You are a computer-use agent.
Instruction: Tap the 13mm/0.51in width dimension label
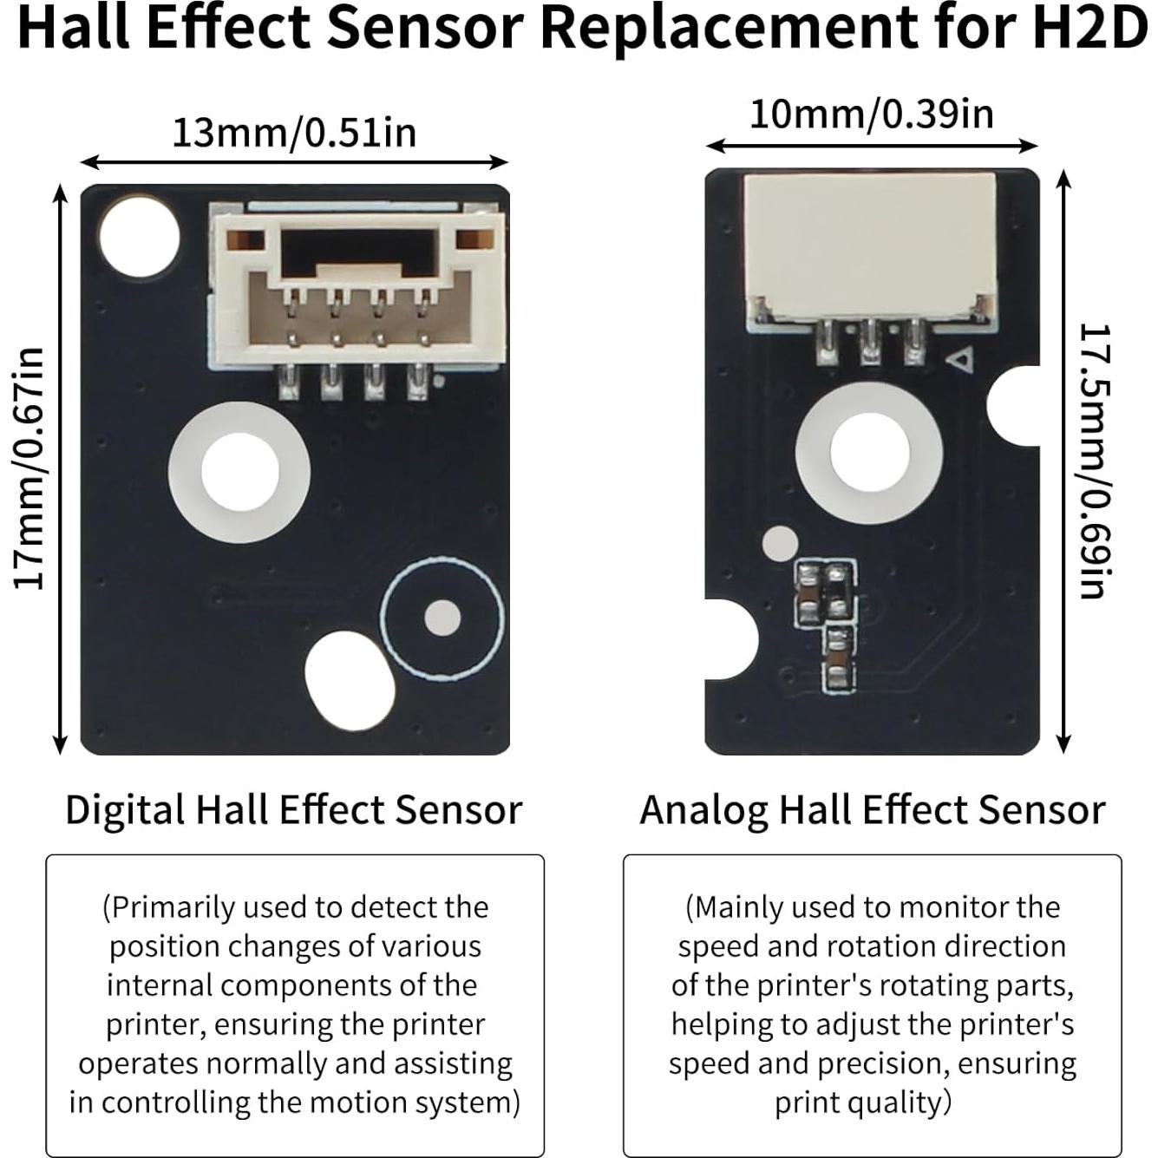(294, 134)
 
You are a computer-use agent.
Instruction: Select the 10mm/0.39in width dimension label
(871, 114)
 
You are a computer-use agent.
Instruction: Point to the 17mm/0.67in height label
(29, 468)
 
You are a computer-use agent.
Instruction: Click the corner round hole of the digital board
(139, 236)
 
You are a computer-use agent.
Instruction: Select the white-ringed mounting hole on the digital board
(239, 472)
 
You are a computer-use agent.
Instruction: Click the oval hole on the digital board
(349, 678)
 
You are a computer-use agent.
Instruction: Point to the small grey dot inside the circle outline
(442, 618)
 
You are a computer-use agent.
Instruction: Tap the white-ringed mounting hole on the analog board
(869, 453)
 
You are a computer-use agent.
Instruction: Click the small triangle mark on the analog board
(959, 359)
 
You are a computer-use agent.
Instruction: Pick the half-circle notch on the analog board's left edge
(729, 639)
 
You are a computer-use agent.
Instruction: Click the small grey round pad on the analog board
(779, 543)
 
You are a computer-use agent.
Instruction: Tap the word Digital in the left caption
(126, 810)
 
